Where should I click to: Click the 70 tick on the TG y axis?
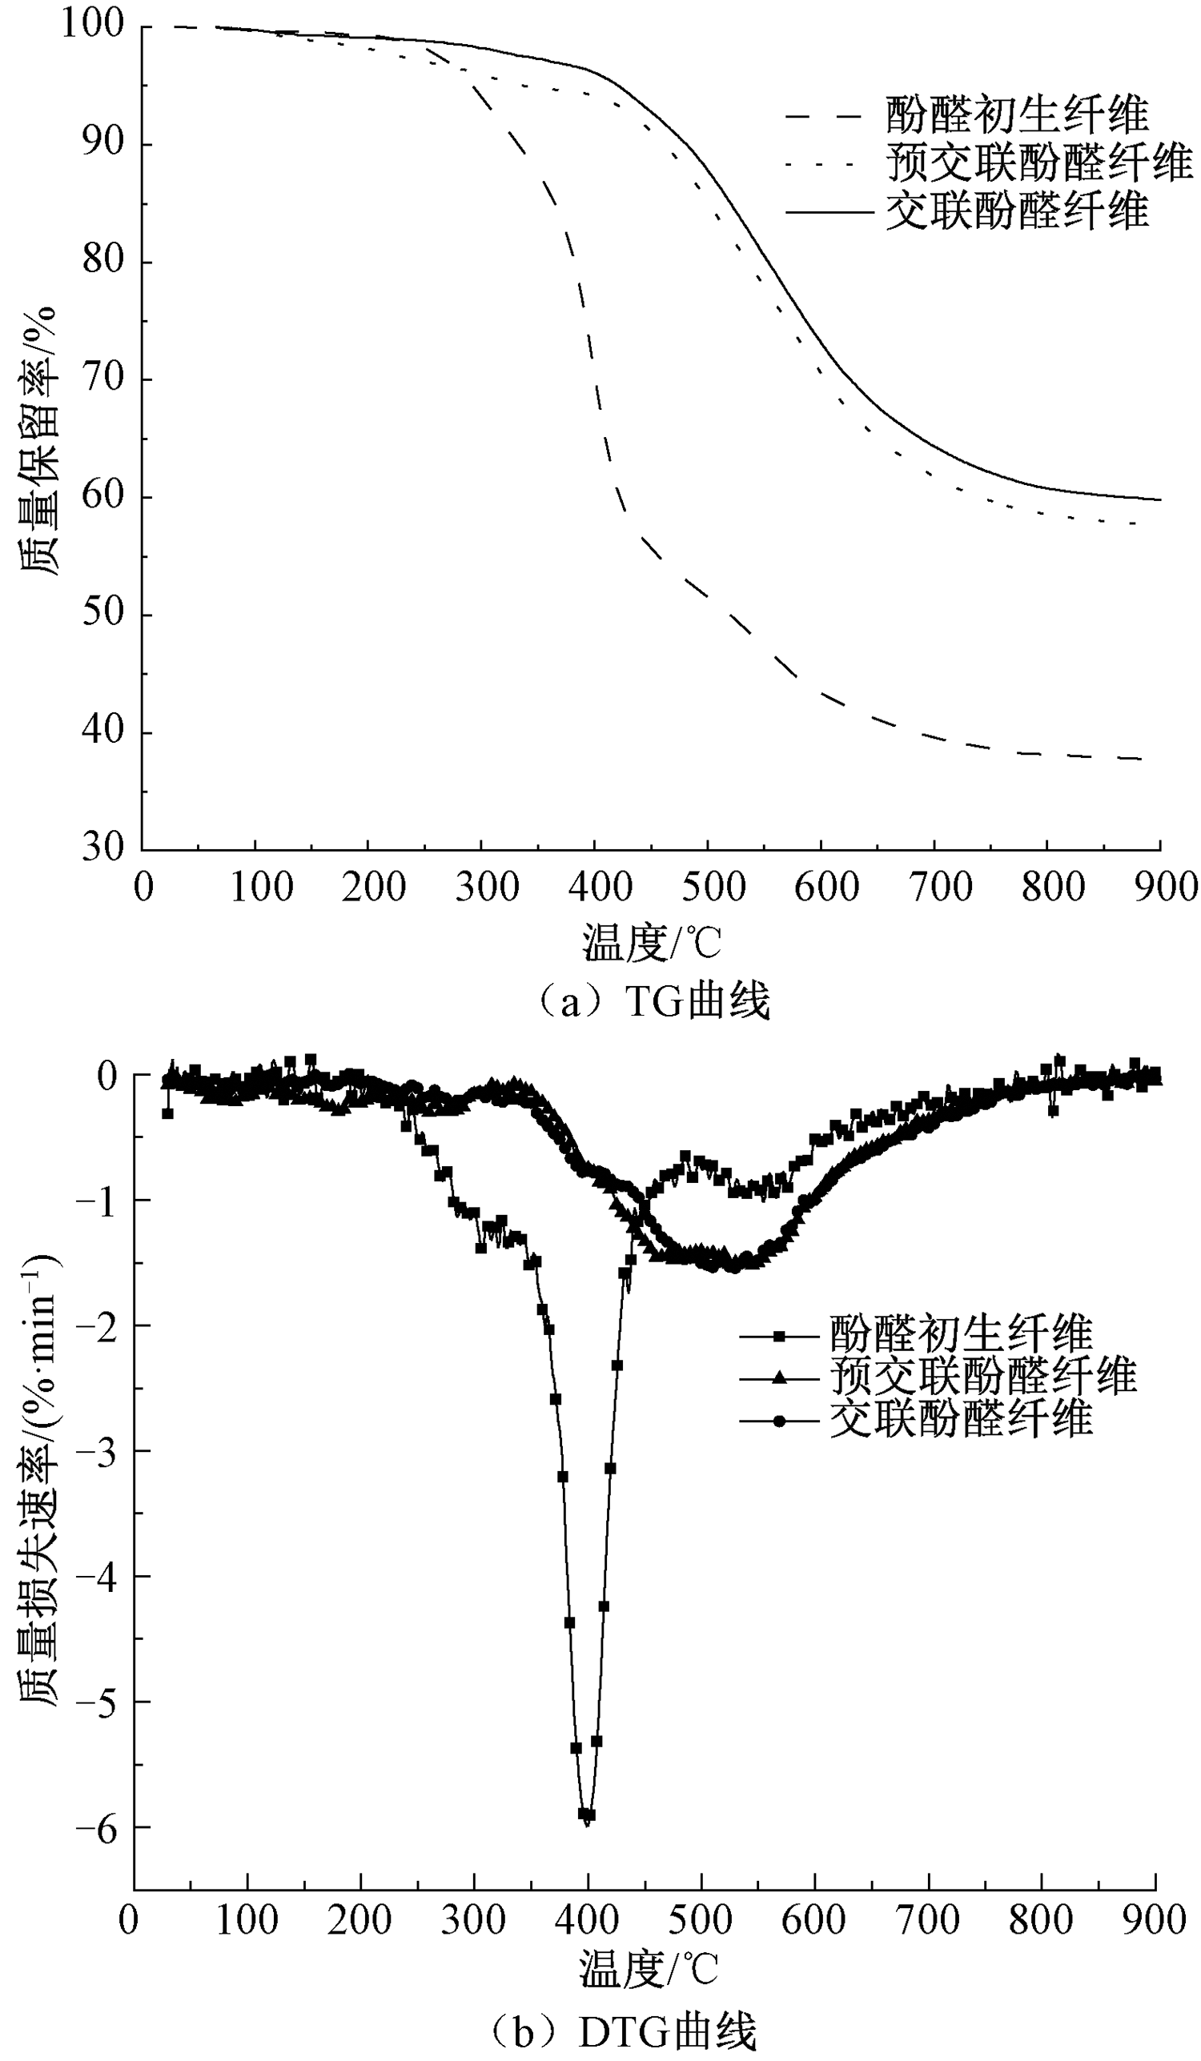(103, 379)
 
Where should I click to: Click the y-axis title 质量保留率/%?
(39, 442)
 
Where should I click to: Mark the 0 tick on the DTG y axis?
(107, 1077)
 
